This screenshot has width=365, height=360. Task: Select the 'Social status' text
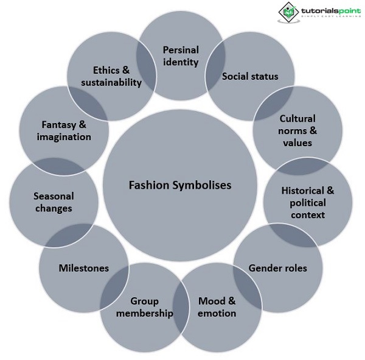point(250,76)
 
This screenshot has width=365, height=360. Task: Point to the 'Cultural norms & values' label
point(297,130)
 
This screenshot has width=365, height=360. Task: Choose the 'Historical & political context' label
point(308,202)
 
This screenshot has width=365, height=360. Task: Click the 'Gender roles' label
point(278,268)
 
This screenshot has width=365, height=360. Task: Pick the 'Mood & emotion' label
point(217,307)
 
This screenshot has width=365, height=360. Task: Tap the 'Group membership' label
point(145,307)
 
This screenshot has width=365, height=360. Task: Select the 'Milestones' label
point(83,268)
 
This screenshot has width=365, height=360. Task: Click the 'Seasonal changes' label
point(53,202)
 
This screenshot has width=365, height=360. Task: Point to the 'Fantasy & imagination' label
point(64,130)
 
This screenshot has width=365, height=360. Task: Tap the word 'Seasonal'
point(53,196)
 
